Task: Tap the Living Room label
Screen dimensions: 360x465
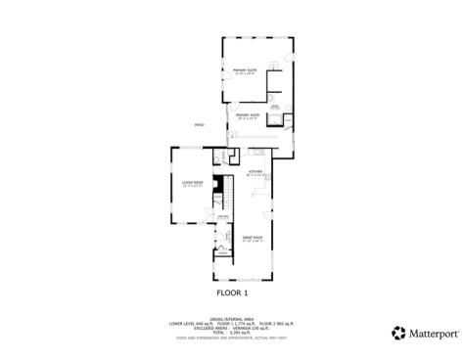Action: point(191,183)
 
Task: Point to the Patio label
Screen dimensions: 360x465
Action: point(200,125)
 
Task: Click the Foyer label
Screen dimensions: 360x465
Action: point(223,216)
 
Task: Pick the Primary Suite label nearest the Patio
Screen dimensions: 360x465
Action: point(247,114)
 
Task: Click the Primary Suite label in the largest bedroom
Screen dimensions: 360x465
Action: point(244,70)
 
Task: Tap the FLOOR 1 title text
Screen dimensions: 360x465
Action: point(233,292)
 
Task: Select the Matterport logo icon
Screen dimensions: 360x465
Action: point(398,333)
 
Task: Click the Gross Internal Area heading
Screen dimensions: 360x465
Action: point(232,316)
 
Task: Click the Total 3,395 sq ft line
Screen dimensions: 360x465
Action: point(233,333)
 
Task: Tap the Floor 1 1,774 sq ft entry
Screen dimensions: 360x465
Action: point(233,322)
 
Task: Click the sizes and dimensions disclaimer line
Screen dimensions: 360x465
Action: point(233,338)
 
